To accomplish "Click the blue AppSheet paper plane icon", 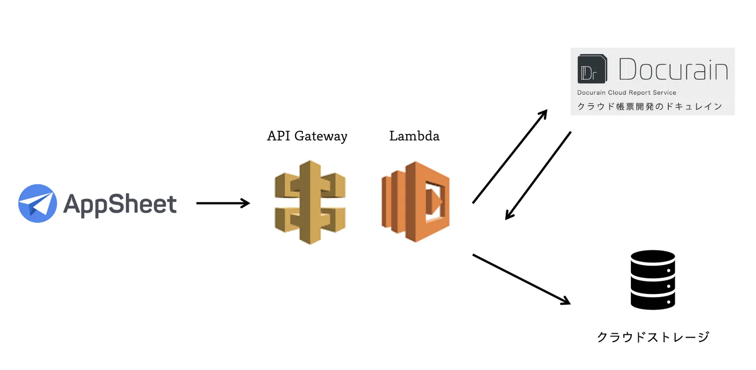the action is [x=37, y=203].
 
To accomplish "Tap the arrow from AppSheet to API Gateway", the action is [x=223, y=203].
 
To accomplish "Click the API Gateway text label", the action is [x=307, y=137].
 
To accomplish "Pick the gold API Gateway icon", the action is [x=310, y=202].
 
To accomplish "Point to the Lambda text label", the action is [x=414, y=136].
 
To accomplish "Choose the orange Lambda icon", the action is [x=415, y=202].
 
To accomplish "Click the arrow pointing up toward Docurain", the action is [x=510, y=156].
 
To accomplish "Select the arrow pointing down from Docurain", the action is [x=538, y=175].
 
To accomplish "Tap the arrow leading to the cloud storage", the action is [x=522, y=280].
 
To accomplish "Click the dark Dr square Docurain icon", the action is [x=593, y=69].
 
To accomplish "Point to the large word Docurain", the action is [x=673, y=69].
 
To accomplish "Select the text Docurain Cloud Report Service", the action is [x=627, y=93].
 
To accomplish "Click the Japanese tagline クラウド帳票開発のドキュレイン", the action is [x=650, y=106].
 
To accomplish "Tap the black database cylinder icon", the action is [x=653, y=280].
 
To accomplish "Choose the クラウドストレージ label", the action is [x=653, y=337].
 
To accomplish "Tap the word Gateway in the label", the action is [x=321, y=137].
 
